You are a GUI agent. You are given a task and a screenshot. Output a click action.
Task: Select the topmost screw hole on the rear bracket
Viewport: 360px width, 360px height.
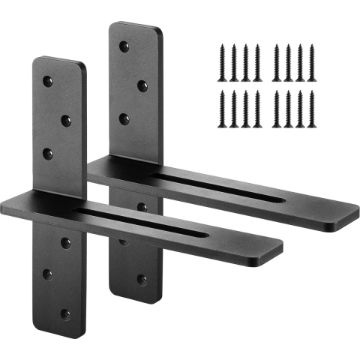pos(124,46)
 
